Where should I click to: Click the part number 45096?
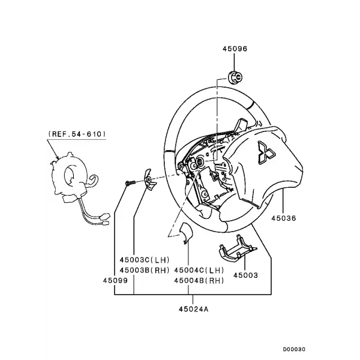click(x=235, y=49)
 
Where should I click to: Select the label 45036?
click(x=284, y=218)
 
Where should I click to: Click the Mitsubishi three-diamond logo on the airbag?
click(x=266, y=152)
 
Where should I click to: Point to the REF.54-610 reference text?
click(x=77, y=134)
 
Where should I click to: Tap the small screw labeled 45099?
click(x=130, y=183)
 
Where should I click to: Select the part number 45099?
click(x=115, y=281)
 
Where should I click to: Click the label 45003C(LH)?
click(x=145, y=260)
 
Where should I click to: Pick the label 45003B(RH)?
click(x=145, y=270)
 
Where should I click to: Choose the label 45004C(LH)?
click(x=199, y=270)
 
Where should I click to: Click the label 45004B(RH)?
click(x=199, y=281)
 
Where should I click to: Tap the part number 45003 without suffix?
click(x=245, y=275)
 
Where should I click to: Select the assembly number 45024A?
click(x=194, y=309)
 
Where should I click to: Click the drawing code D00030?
click(x=294, y=349)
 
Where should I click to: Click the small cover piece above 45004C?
click(x=186, y=232)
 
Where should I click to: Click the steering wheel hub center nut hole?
click(x=200, y=161)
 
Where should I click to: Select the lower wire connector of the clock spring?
click(x=105, y=223)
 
